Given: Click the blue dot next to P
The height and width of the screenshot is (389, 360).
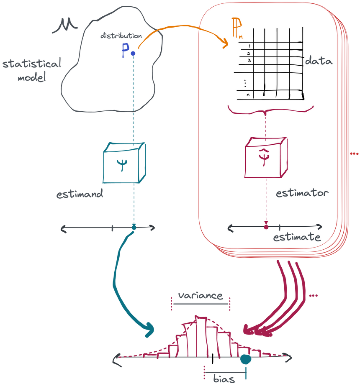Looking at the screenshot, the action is pos(133,53).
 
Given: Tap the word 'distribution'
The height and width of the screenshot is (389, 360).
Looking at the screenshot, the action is pos(121,36).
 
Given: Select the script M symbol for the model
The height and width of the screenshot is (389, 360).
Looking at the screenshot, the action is pos(65,25).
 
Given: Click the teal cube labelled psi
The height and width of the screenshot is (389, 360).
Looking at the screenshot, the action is pos(124,163).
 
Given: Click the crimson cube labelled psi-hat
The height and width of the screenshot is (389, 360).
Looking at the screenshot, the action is pos(266,157).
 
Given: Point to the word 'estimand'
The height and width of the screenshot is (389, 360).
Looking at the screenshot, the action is pos(80,194).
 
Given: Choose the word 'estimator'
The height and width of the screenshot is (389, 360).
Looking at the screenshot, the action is pos(302,193).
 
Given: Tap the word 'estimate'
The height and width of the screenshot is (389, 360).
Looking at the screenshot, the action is pos(297,237).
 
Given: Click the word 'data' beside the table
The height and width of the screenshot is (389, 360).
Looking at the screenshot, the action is pos(319,61).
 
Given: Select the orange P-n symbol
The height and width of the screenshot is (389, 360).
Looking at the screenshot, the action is pos(237,28).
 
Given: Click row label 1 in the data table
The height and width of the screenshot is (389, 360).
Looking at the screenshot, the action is pos(249,46).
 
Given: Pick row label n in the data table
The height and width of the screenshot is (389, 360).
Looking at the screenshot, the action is pos(248,95).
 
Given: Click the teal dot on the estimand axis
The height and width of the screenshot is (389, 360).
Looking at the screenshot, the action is pos(134,227).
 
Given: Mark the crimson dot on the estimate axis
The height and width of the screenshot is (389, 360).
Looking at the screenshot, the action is pos(266,227).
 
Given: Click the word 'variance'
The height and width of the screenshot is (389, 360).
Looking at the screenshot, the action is pos(201,295).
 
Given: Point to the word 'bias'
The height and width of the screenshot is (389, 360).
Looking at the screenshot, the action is pos(224,379).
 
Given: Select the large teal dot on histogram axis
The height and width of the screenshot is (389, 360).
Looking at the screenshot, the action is pos(246,359).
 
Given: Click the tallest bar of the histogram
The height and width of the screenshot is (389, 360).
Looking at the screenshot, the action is pos(201,337).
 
